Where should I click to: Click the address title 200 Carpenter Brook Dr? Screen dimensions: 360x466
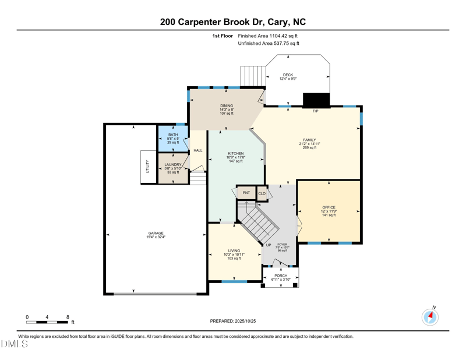233,22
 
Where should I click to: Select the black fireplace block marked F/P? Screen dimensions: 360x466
316,100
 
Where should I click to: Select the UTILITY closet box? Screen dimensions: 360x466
148,167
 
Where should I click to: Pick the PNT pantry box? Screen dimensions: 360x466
246,193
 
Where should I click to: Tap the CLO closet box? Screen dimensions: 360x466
262,193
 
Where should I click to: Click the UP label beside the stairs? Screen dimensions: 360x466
269,245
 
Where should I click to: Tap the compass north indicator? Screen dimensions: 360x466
430,316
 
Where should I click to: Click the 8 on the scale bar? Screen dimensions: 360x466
68,317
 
